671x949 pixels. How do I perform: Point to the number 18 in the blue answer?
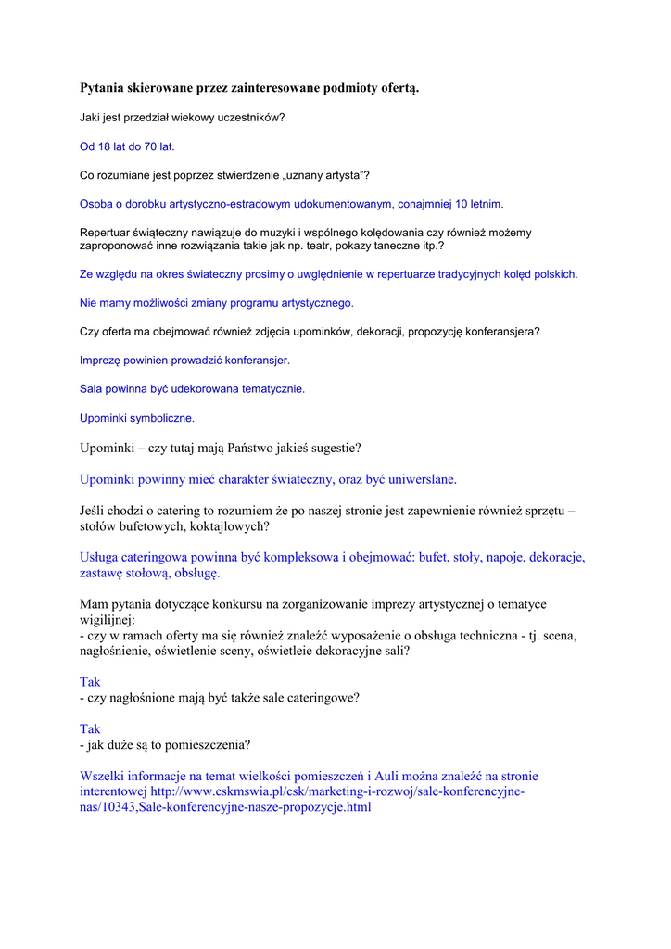click(104, 146)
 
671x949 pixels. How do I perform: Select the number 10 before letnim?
click(462, 204)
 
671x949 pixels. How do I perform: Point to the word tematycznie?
click(273, 389)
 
